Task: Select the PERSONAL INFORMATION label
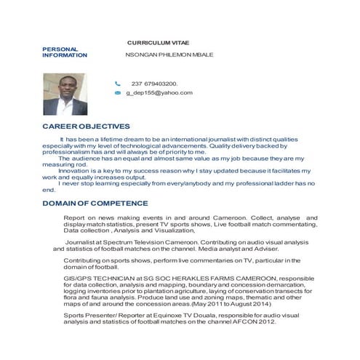click(65, 52)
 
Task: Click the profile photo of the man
click(64, 94)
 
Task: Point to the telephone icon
click(117, 84)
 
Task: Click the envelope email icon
click(117, 93)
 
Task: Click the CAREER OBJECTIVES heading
click(87, 126)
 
